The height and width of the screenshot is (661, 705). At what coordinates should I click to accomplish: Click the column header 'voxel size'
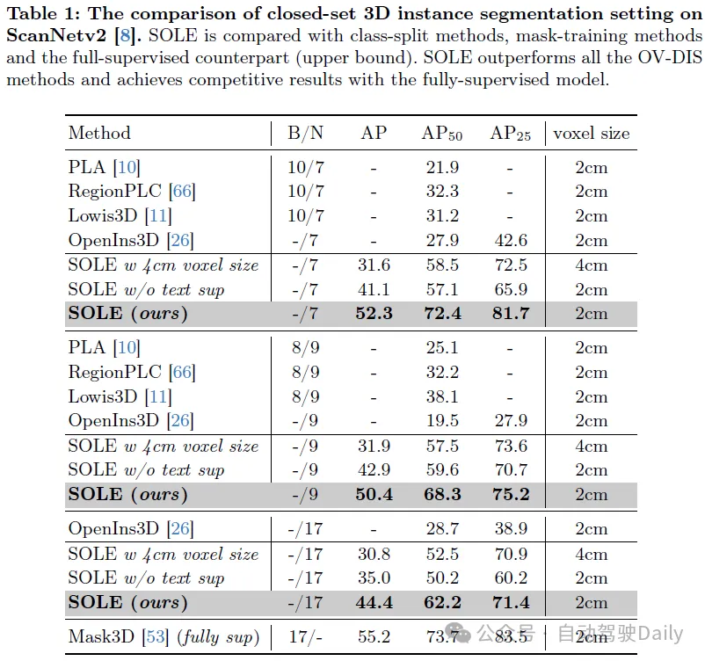pyautogui.click(x=591, y=133)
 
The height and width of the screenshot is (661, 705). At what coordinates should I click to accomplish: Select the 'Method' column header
pyautogui.click(x=99, y=133)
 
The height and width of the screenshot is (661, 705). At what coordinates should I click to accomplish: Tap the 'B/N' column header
pyautogui.click(x=306, y=133)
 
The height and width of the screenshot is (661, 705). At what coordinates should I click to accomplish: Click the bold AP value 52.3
pyautogui.click(x=374, y=314)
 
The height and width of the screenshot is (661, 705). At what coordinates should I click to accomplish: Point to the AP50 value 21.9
pyautogui.click(x=441, y=167)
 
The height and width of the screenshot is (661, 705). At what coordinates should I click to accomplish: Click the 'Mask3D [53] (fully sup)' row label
pyautogui.click(x=164, y=636)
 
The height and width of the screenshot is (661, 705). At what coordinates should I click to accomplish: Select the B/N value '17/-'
pyautogui.click(x=306, y=636)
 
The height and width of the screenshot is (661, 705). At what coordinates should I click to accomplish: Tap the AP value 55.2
pyautogui.click(x=374, y=636)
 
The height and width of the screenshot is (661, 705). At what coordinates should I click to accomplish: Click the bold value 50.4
pyautogui.click(x=374, y=494)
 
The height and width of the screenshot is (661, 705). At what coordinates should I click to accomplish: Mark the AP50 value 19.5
pyautogui.click(x=441, y=421)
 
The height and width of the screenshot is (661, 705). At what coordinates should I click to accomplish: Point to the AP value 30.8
pyautogui.click(x=374, y=554)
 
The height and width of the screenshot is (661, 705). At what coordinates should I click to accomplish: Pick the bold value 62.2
pyautogui.click(x=441, y=602)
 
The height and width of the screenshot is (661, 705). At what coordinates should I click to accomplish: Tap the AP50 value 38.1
pyautogui.click(x=441, y=396)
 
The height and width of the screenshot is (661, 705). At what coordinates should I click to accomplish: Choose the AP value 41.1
pyautogui.click(x=374, y=289)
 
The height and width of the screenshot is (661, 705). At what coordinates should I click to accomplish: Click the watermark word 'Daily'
pyautogui.click(x=660, y=633)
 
